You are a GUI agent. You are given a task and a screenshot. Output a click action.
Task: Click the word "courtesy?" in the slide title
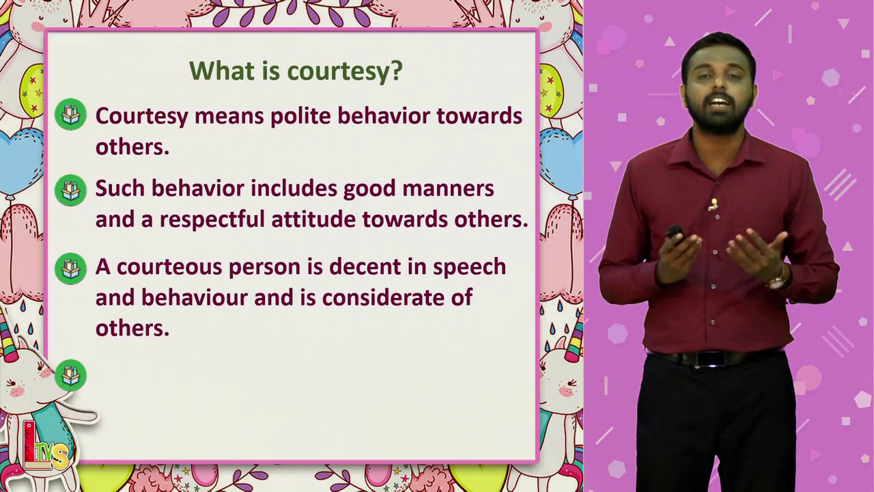pyautogui.click(x=345, y=72)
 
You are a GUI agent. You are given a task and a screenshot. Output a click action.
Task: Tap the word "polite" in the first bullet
pyautogui.click(x=300, y=116)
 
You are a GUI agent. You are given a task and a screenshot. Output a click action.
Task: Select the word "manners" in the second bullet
pyautogui.click(x=448, y=188)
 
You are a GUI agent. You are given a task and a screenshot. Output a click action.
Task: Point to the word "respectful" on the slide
pyautogui.click(x=212, y=219)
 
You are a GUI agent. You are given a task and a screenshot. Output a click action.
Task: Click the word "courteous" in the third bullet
pyautogui.click(x=169, y=267)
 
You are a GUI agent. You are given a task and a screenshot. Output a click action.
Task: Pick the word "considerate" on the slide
pyautogui.click(x=383, y=297)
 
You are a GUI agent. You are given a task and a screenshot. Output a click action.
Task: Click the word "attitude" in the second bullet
pyautogui.click(x=313, y=219)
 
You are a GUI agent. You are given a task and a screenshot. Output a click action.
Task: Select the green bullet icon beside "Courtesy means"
pyautogui.click(x=70, y=114)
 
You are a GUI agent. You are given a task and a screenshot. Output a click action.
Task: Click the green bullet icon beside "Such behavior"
pyautogui.click(x=70, y=190)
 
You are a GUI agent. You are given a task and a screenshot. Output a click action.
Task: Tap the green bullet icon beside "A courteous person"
pyautogui.click(x=70, y=269)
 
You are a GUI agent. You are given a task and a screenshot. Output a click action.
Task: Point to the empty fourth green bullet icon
pyautogui.click(x=70, y=375)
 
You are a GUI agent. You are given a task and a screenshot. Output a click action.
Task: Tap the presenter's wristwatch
pyautogui.click(x=777, y=280)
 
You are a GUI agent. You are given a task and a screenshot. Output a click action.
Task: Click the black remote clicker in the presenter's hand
pyautogui.click(x=675, y=233)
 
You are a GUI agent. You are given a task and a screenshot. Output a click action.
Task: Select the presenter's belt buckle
pyautogui.click(x=705, y=359)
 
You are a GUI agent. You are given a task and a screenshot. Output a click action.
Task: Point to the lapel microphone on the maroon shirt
pyautogui.click(x=714, y=204)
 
